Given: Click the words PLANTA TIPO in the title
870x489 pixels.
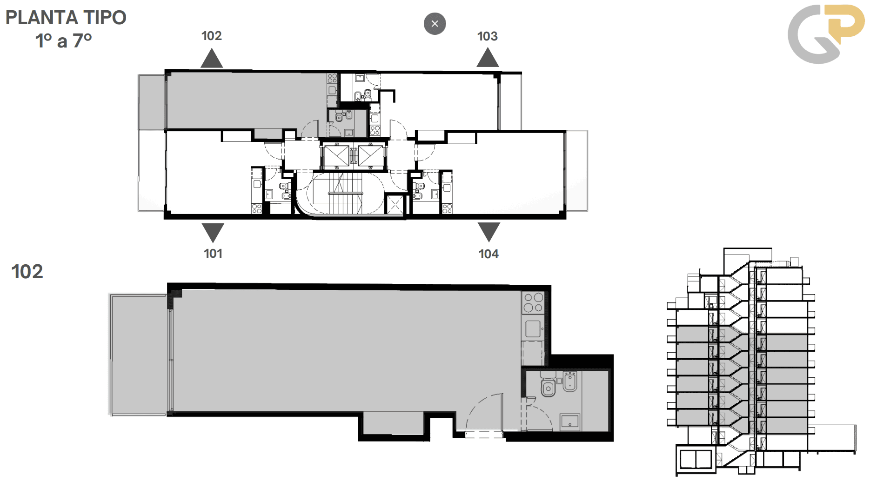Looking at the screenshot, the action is pyautogui.click(x=66, y=18).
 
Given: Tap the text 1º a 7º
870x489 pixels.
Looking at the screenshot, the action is pyautogui.click(x=64, y=41).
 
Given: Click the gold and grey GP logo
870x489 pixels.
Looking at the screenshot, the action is pyautogui.click(x=826, y=34).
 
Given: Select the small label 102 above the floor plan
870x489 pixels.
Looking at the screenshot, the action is pyautogui.click(x=211, y=36).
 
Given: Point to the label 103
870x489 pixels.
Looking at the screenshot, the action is pyautogui.click(x=487, y=36).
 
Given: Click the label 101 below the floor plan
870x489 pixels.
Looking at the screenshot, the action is pyautogui.click(x=213, y=254).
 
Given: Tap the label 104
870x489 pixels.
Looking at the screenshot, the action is pyautogui.click(x=489, y=254).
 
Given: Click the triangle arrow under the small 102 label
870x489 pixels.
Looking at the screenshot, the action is pyautogui.click(x=212, y=59).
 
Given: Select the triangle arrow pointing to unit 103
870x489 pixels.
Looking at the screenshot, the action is pyautogui.click(x=488, y=58).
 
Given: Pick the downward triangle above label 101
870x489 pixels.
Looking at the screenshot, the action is pyautogui.click(x=213, y=232).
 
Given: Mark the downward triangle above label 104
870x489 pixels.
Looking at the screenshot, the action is pyautogui.click(x=489, y=232).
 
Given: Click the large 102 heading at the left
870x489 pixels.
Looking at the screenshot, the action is pyautogui.click(x=27, y=272).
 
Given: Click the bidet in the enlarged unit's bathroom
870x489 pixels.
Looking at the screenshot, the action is pyautogui.click(x=570, y=382).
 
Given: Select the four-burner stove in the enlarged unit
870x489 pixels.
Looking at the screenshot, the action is pyautogui.click(x=533, y=302).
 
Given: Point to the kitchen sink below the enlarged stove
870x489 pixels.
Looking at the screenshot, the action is pyautogui.click(x=533, y=328).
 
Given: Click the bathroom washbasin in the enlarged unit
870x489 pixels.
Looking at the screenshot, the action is pyautogui.click(x=570, y=422).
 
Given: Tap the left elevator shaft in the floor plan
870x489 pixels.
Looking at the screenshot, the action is pyautogui.click(x=336, y=156).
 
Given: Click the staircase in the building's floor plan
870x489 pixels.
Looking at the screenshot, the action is pyautogui.click(x=345, y=194).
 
